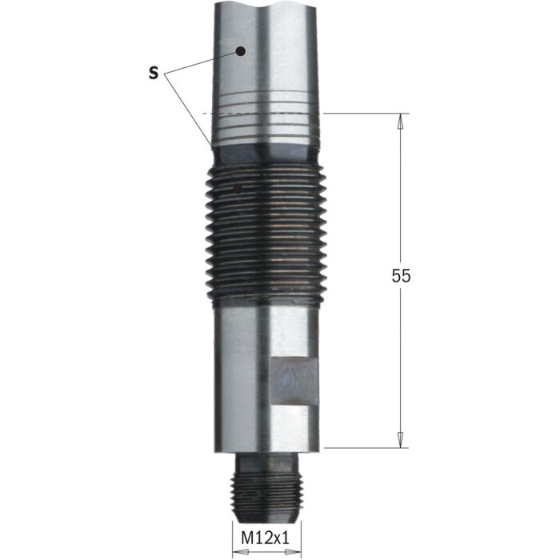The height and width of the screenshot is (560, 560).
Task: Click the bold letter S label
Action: coord(153,74)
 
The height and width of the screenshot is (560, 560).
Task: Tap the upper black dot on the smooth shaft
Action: coord(239,51)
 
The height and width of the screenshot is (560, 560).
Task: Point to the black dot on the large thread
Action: coord(237,188)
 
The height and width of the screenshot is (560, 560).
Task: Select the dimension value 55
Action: coord(401,277)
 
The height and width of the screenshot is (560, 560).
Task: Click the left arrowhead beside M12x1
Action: coord(234,550)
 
